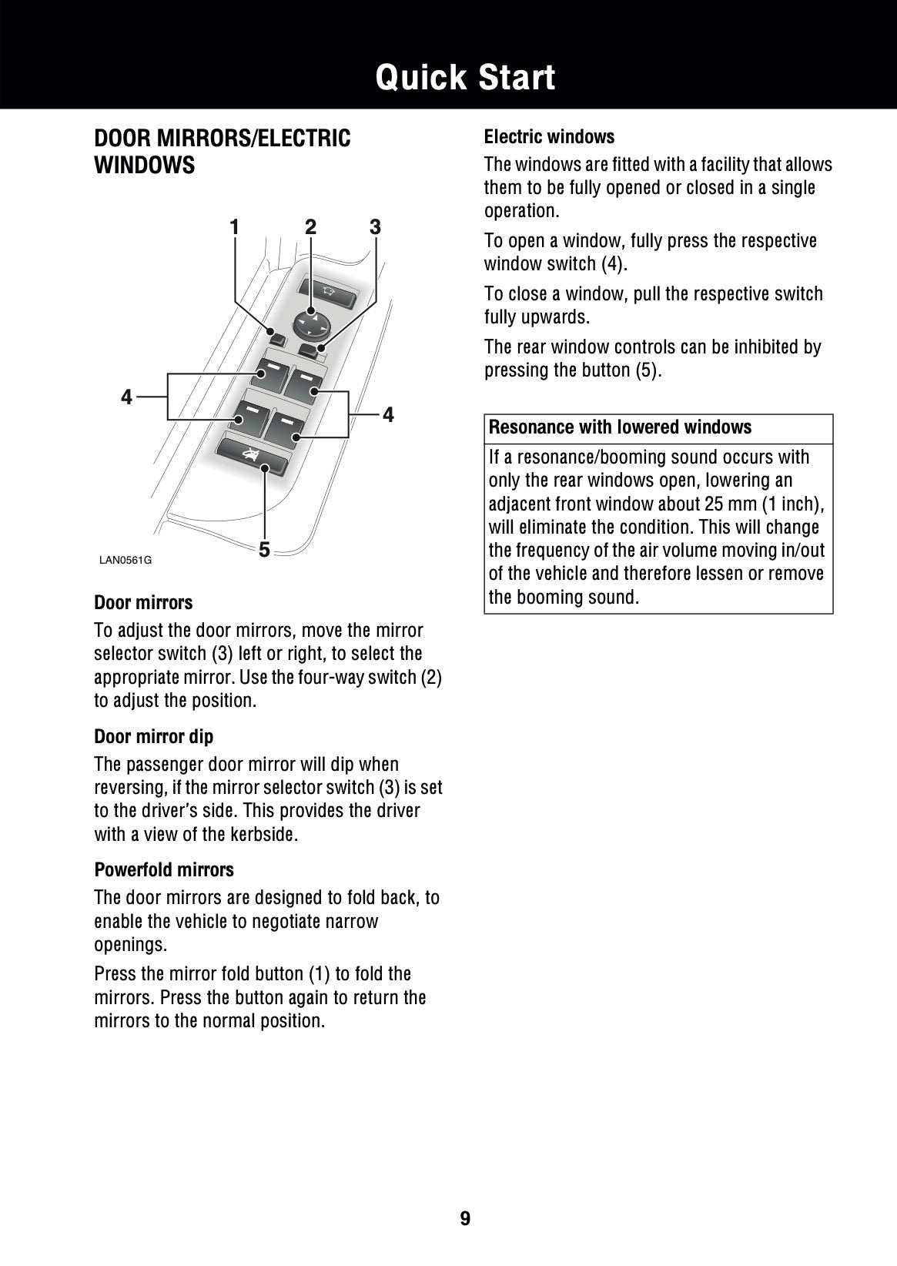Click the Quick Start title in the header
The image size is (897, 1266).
pyautogui.click(x=465, y=78)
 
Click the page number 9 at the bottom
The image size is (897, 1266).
pyautogui.click(x=465, y=1218)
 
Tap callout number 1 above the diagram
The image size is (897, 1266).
pyautogui.click(x=234, y=227)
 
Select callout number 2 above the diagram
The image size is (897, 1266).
pyautogui.click(x=310, y=227)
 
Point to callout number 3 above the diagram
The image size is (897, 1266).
pyautogui.click(x=375, y=227)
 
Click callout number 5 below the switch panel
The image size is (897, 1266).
pyautogui.click(x=264, y=550)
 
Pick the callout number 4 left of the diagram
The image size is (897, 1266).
pyautogui.click(x=127, y=397)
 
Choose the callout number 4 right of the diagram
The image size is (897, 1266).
pyautogui.click(x=388, y=415)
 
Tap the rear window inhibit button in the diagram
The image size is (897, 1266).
pyautogui.click(x=253, y=457)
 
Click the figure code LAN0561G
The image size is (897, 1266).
pyautogui.click(x=126, y=560)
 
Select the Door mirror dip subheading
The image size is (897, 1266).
pyautogui.click(x=153, y=736)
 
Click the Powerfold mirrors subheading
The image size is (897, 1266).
pyautogui.click(x=163, y=869)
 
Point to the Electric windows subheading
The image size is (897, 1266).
pyautogui.click(x=549, y=137)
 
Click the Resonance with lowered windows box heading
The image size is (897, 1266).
pyautogui.click(x=620, y=427)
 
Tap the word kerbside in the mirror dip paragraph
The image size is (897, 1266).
pyautogui.click(x=263, y=834)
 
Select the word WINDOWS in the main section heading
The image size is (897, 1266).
pyautogui.click(x=144, y=166)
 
